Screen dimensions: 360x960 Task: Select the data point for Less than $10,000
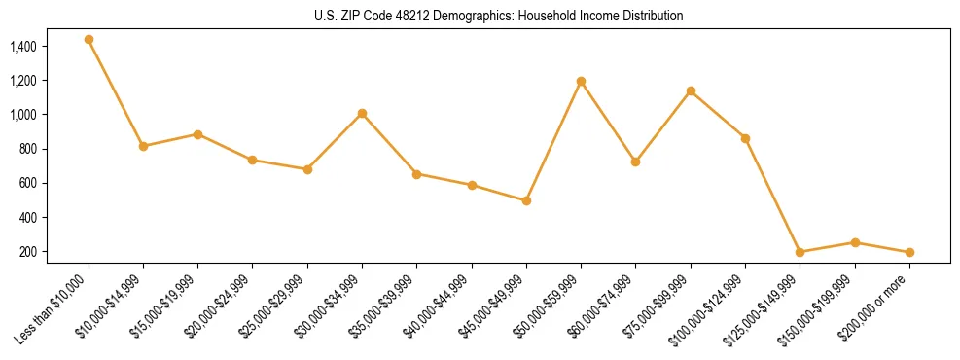click(x=89, y=40)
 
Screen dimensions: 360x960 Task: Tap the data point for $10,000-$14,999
click(x=143, y=146)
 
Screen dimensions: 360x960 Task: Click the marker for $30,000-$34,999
click(x=362, y=114)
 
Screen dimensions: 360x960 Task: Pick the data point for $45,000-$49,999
click(x=526, y=200)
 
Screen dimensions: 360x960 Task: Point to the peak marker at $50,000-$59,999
click(x=581, y=81)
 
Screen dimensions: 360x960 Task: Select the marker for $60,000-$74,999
click(x=635, y=162)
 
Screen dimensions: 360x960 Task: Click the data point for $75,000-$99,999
click(x=691, y=91)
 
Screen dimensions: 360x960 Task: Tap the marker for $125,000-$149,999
click(x=800, y=252)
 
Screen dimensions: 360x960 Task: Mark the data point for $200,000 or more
click(x=909, y=252)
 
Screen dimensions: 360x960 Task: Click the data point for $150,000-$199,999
click(x=855, y=242)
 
